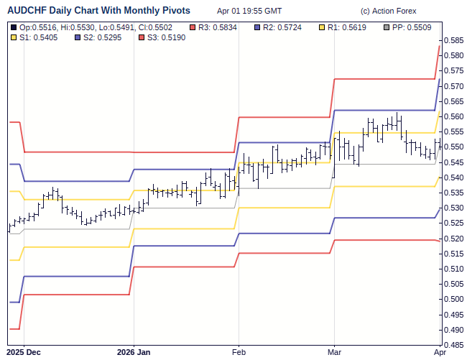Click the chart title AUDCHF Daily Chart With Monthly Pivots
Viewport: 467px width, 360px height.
point(99,10)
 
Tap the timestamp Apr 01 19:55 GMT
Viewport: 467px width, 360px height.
point(249,11)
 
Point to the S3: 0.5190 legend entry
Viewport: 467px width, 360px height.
point(165,37)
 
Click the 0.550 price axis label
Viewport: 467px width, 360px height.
point(453,147)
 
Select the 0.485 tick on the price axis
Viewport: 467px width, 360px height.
point(453,345)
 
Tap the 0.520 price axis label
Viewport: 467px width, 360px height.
point(453,239)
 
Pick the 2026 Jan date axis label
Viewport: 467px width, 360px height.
point(134,353)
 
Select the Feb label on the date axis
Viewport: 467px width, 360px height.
point(239,353)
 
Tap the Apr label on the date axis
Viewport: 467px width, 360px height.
point(439,353)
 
